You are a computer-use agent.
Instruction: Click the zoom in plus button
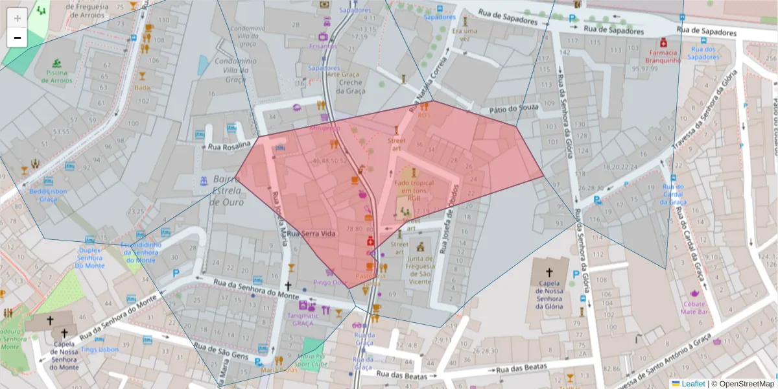[18, 18]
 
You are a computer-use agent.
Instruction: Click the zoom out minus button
[18, 38]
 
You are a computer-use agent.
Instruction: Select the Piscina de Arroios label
[58, 77]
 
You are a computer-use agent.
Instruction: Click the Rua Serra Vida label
[312, 233]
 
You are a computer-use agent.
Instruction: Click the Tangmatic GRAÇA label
[302, 319]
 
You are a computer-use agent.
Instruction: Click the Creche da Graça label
[350, 87]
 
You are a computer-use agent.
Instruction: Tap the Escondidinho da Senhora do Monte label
[139, 252]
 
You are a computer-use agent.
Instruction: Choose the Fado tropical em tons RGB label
[413, 191]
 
